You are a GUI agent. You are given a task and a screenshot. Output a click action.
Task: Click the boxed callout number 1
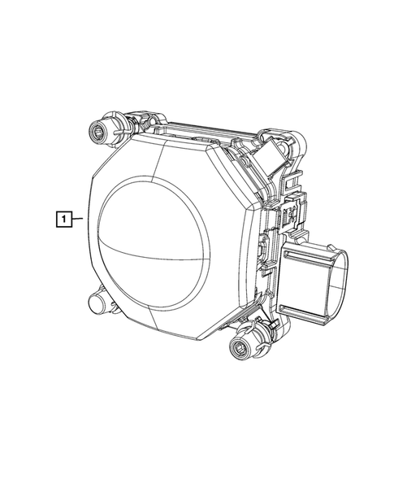point(64,219)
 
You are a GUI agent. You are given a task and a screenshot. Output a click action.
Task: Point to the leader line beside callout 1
point(77,219)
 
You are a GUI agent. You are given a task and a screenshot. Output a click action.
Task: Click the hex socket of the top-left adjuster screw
point(97,133)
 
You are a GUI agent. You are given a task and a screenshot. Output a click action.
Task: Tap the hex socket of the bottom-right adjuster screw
point(238,346)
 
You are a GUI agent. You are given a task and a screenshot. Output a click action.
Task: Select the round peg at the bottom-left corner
point(97,302)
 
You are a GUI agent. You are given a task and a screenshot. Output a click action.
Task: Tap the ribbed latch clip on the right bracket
point(289,213)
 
